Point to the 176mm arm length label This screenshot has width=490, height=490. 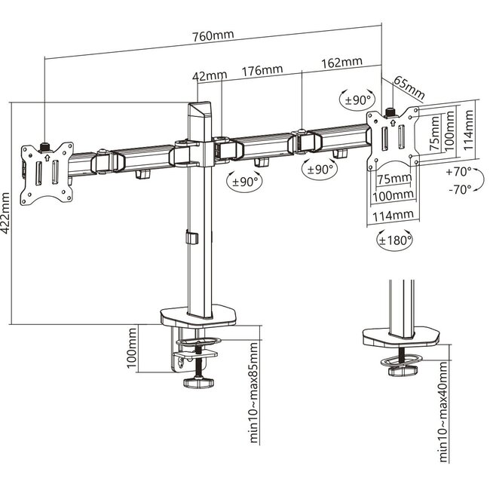tap(262, 71)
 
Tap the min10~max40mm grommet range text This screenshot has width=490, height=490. tap(443, 410)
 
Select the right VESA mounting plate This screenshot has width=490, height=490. tap(394, 139)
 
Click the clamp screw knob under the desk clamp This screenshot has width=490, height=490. tap(199, 382)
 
